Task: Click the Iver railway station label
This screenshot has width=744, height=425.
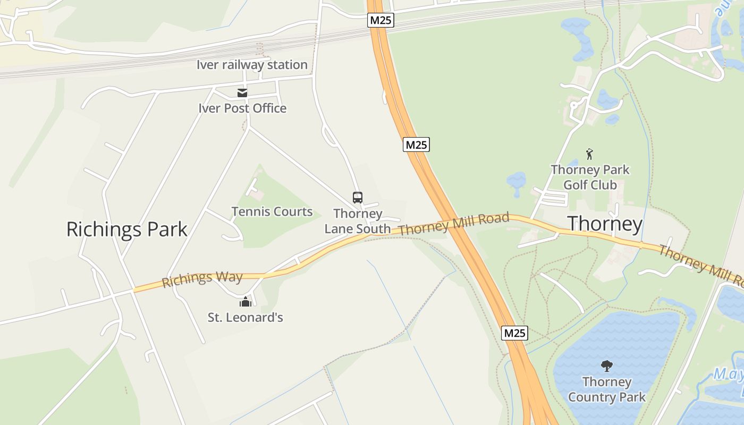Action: pyautogui.click(x=252, y=65)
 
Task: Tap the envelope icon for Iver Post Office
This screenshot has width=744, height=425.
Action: pyautogui.click(x=242, y=93)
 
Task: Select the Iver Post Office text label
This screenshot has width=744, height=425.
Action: pyautogui.click(x=242, y=108)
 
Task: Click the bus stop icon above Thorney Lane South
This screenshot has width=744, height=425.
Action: pyautogui.click(x=358, y=198)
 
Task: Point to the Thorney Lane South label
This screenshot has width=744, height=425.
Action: pyautogui.click(x=358, y=221)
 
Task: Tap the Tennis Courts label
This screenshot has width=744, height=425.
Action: pyautogui.click(x=272, y=211)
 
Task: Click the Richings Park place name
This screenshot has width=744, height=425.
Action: pyautogui.click(x=126, y=229)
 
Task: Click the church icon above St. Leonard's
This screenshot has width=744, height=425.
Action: pyautogui.click(x=245, y=302)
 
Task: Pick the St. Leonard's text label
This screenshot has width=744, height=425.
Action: pyautogui.click(x=245, y=318)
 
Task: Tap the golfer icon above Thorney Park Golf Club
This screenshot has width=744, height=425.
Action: pyautogui.click(x=589, y=154)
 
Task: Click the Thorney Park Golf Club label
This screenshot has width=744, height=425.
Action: pyautogui.click(x=590, y=177)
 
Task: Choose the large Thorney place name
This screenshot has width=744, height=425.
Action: pyautogui.click(x=605, y=224)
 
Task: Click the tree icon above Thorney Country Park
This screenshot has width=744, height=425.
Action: pyautogui.click(x=606, y=366)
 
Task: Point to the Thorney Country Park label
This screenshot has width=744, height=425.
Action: pyautogui.click(x=606, y=389)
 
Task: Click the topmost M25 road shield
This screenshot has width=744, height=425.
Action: pyautogui.click(x=381, y=20)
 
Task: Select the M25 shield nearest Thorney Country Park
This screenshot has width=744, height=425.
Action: pyautogui.click(x=514, y=333)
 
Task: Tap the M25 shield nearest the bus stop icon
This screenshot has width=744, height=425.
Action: pyautogui.click(x=416, y=144)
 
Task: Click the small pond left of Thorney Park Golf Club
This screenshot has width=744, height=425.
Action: pyautogui.click(x=516, y=180)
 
